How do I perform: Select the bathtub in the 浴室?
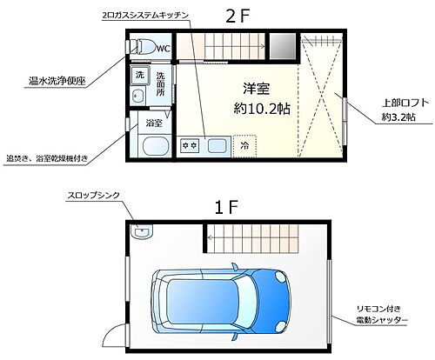coord(155,144)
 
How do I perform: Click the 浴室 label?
coord(153,123)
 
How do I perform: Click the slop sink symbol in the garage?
coord(142,231)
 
